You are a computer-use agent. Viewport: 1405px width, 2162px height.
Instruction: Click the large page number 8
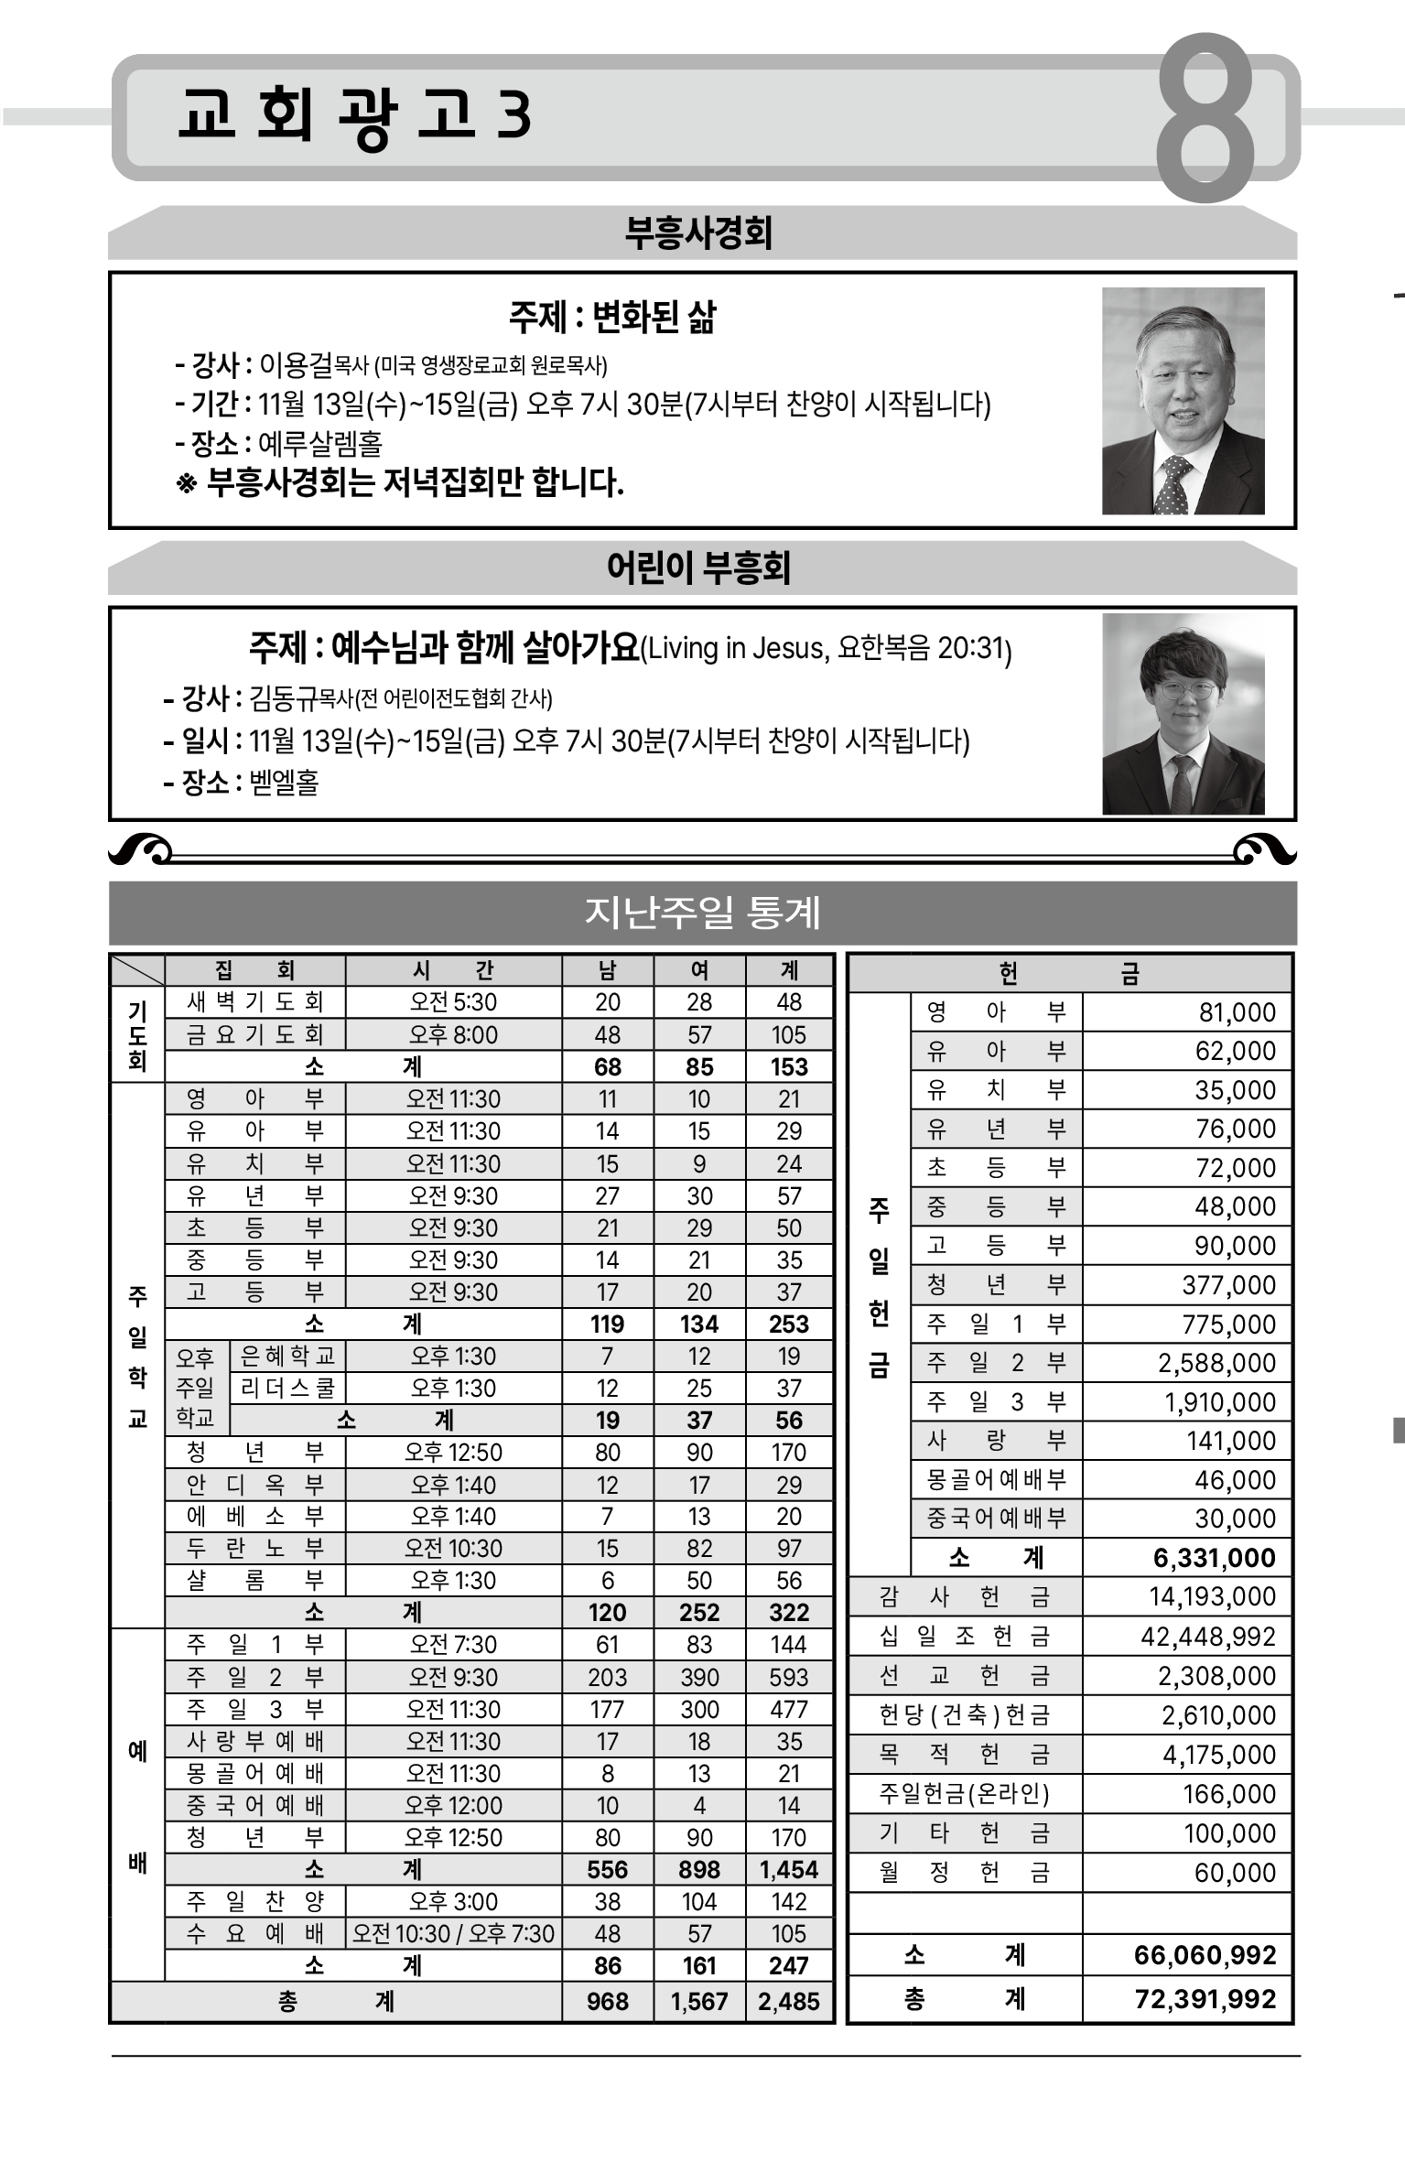(1205, 119)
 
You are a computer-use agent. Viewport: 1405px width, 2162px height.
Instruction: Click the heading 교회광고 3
(355, 116)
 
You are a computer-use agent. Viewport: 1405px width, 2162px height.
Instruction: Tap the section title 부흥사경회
(698, 232)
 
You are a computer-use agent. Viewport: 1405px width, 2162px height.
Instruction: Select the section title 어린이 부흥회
(698, 568)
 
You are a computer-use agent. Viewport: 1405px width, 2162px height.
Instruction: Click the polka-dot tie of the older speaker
(1172, 486)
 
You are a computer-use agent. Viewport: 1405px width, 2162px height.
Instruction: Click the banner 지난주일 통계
(702, 913)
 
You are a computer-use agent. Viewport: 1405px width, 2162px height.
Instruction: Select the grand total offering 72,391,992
(1205, 1998)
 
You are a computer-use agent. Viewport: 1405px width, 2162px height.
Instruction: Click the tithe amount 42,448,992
(1207, 1636)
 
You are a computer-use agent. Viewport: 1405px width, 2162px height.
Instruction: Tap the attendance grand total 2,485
(788, 2001)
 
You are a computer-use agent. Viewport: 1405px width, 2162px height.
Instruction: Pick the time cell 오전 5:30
(453, 1002)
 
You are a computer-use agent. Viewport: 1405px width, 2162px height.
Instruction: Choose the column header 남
(607, 970)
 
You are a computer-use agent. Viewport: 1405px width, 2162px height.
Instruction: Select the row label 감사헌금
(964, 1596)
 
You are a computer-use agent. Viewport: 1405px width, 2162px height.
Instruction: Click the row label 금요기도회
(254, 1034)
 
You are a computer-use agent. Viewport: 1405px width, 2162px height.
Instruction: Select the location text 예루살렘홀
(320, 444)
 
